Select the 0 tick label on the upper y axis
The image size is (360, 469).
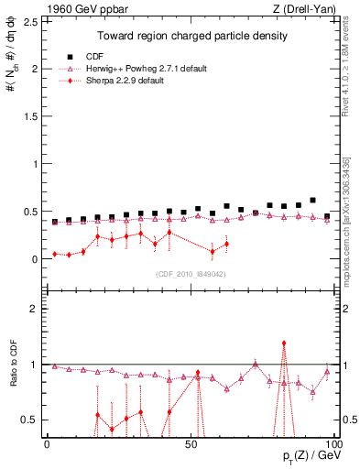pyautogui.click(x=36, y=259)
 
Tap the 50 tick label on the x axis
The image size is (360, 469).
pyautogui.click(x=191, y=444)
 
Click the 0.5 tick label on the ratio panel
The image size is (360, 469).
pyautogui.click(x=32, y=420)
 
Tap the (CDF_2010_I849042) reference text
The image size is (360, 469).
pyautogui.click(x=191, y=273)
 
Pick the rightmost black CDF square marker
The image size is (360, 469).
pyautogui.click(x=327, y=216)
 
